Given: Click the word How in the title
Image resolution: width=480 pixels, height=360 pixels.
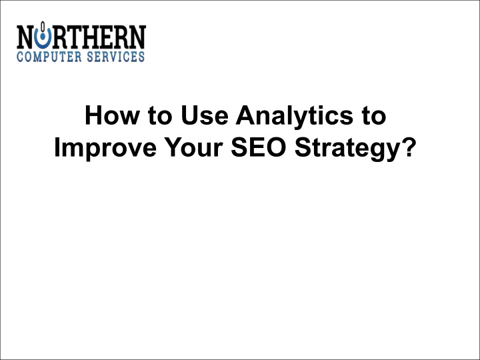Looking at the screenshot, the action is pos(113,115).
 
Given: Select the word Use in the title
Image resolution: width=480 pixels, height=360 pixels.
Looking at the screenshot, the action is pos(205,115).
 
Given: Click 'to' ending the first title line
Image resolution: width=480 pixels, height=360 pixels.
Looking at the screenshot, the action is pos(373,116).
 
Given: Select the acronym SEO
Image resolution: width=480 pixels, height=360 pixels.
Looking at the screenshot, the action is pos(259,147).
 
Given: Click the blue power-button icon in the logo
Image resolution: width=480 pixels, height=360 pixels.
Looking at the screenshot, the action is pos(43,36).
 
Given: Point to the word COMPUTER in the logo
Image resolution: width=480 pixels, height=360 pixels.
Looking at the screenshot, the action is pos(49,57).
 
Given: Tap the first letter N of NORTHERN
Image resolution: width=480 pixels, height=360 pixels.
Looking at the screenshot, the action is pos(25,37).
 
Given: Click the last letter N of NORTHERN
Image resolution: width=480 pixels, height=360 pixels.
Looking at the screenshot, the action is pos(137,37).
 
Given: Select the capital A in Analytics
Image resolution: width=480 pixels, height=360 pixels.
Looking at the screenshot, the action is pos(246,115).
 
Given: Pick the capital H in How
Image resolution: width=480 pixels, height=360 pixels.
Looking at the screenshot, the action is pos(94,115).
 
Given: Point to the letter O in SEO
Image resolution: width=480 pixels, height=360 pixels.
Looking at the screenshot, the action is pos(275,147).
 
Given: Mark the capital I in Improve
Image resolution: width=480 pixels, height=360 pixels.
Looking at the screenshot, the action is pos(57,147).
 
